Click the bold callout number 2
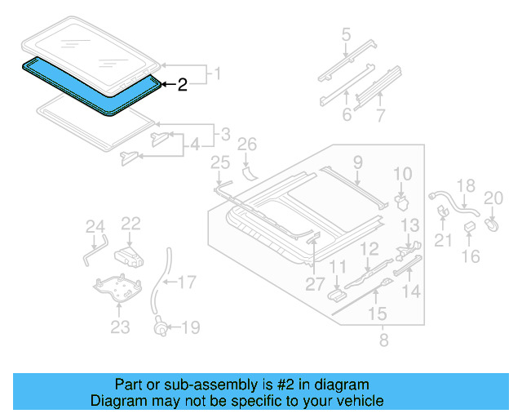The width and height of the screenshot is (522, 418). [183, 84]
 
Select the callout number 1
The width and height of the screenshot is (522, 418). [217, 75]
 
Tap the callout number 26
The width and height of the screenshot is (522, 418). [247, 145]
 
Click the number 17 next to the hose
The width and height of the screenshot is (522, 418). [187, 283]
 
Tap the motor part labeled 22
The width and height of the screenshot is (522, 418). [129, 256]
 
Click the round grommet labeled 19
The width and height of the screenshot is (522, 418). [161, 329]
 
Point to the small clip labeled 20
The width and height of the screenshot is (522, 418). [492, 221]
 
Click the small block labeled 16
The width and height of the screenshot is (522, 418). [471, 225]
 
